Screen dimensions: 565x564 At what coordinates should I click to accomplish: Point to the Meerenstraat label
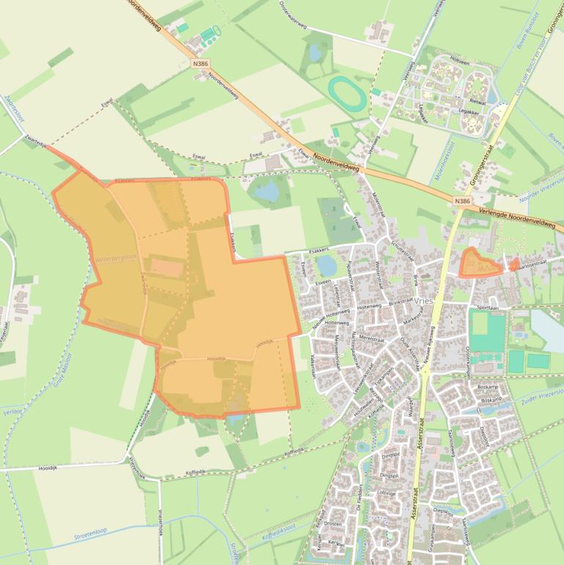coord(372,339)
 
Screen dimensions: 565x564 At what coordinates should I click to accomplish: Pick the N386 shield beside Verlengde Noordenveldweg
coord(461,200)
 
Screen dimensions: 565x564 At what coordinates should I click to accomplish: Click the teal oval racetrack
coord(346,95)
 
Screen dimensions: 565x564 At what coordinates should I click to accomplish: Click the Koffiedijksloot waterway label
coord(282,533)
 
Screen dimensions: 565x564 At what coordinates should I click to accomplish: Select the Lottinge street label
coord(387,494)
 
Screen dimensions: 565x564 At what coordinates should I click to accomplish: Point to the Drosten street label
coord(334,524)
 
